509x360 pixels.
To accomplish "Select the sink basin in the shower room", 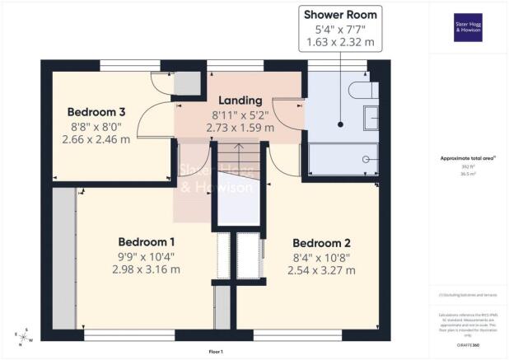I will tap(372, 117).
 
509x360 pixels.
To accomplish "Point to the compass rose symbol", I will tap(24, 334).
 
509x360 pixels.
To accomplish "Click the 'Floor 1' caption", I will tap(216, 352).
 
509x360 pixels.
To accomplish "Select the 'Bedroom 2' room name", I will tap(322, 243).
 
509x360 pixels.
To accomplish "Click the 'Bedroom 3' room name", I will tap(96, 112).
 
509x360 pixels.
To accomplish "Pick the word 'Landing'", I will tap(240, 101).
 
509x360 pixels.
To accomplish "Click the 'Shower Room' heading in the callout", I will tap(340, 15).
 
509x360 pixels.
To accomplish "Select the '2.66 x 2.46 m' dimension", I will tap(96, 139).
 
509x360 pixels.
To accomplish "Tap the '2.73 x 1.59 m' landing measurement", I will tap(240, 129).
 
